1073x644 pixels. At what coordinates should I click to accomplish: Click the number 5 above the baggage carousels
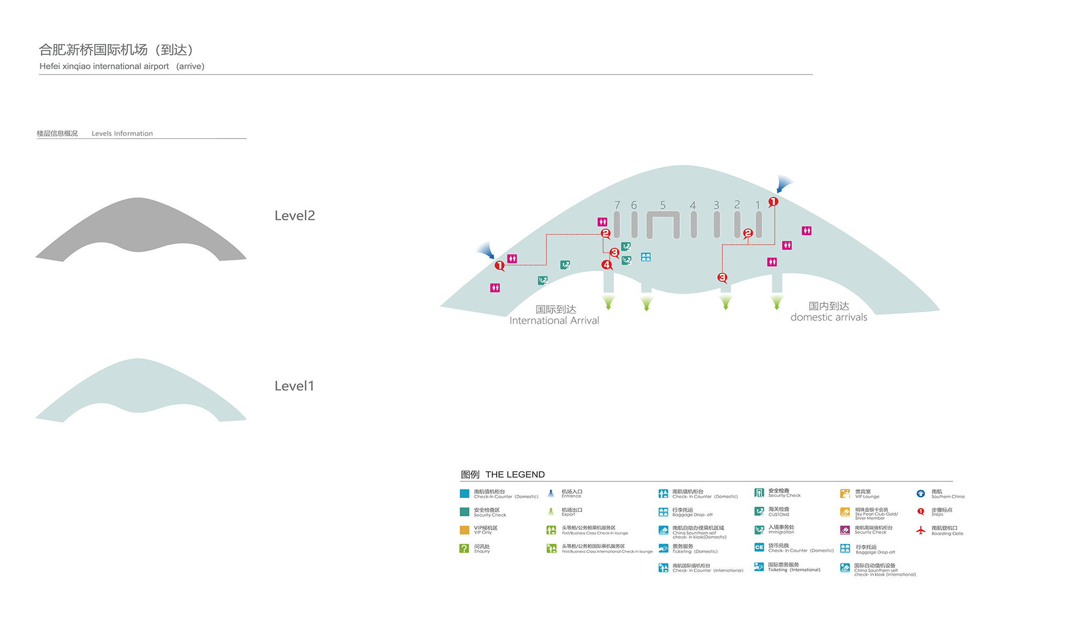click(x=663, y=205)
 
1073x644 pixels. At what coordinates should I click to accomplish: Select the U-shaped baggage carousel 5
click(x=663, y=215)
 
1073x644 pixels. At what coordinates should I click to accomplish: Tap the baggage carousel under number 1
click(x=759, y=224)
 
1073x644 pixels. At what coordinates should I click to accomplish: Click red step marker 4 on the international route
click(x=606, y=265)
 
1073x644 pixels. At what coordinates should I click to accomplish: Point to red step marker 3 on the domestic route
click(x=722, y=277)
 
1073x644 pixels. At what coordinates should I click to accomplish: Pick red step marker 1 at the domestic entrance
click(x=773, y=202)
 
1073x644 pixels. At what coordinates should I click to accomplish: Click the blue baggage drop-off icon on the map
click(x=646, y=257)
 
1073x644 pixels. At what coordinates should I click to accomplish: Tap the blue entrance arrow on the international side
click(x=487, y=250)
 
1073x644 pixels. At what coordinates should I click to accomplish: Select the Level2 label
click(x=295, y=216)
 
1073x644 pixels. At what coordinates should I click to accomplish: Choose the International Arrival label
click(x=554, y=320)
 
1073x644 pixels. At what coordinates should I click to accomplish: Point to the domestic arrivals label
click(x=829, y=317)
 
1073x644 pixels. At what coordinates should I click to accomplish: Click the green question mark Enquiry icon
click(x=464, y=548)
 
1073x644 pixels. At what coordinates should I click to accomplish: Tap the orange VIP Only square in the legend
click(x=464, y=530)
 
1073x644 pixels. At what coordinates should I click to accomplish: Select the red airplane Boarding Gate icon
click(x=921, y=530)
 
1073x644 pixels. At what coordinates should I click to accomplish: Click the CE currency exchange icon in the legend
click(x=759, y=547)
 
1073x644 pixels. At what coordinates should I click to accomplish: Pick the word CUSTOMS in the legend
click(x=778, y=515)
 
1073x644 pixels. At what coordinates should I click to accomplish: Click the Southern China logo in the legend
click(x=921, y=494)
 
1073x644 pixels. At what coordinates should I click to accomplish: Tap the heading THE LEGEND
click(x=515, y=474)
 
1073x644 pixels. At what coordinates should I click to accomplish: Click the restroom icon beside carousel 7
click(x=602, y=222)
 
